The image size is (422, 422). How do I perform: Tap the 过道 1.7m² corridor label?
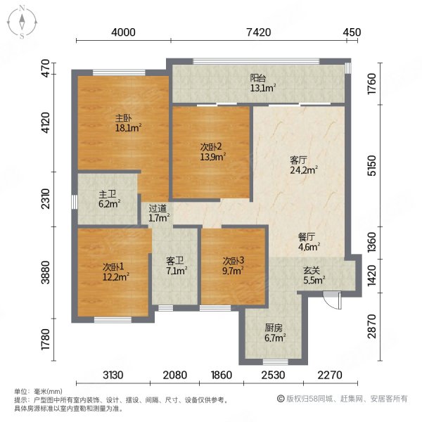[158, 213]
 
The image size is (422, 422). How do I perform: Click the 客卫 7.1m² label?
[176, 266]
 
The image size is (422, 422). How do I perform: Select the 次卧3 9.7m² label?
[231, 265]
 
